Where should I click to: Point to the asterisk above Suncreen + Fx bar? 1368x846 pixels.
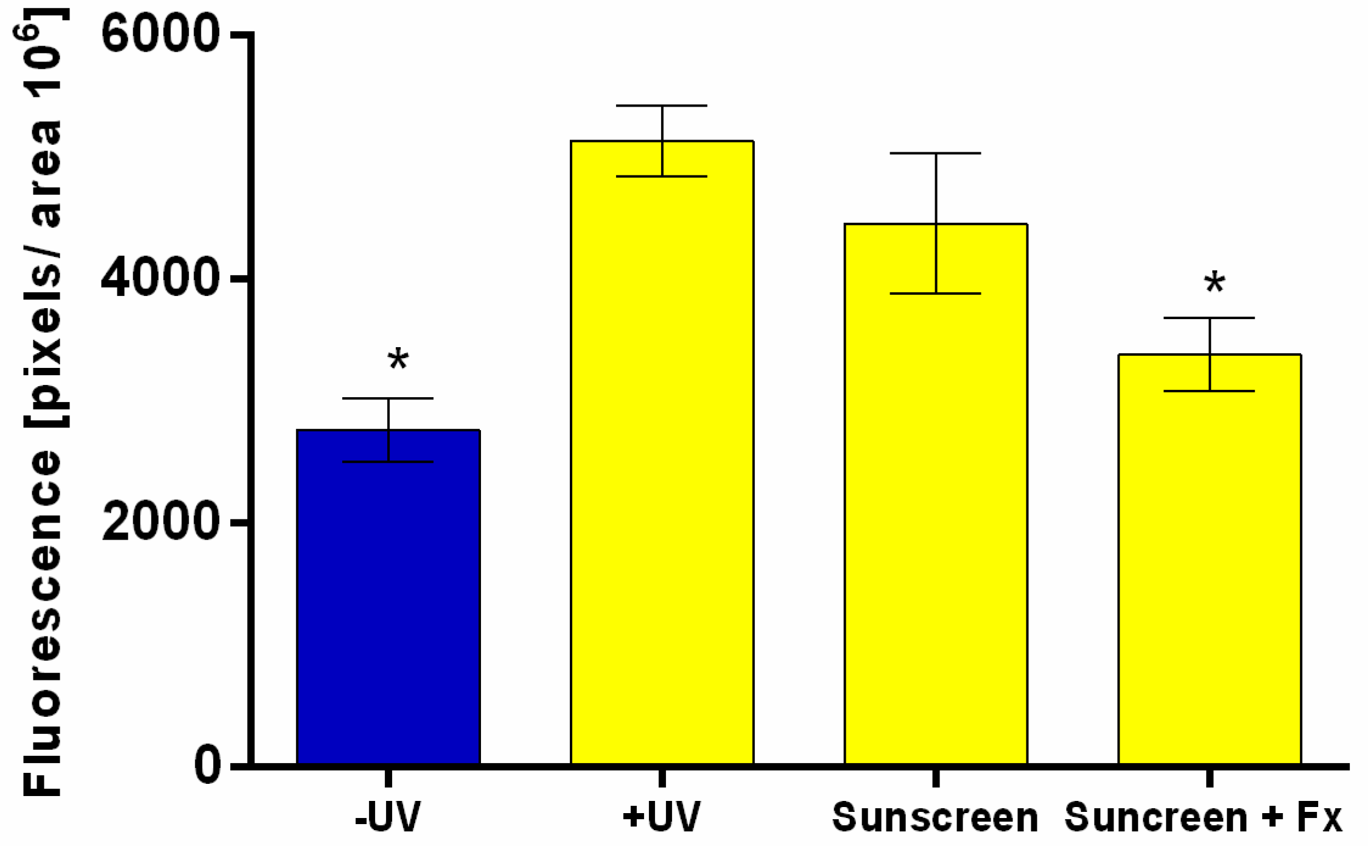(1215, 283)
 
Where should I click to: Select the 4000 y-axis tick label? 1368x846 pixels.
(160, 278)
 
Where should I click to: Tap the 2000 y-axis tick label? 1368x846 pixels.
(160, 522)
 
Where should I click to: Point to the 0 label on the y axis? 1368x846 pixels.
(208, 765)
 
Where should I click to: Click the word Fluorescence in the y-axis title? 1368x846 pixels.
(43, 621)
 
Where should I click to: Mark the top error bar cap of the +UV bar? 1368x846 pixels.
(662, 106)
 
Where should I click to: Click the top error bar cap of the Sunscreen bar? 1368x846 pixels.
(936, 153)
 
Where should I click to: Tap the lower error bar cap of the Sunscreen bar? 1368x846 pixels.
(936, 294)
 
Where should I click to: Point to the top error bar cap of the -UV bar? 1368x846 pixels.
(388, 398)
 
